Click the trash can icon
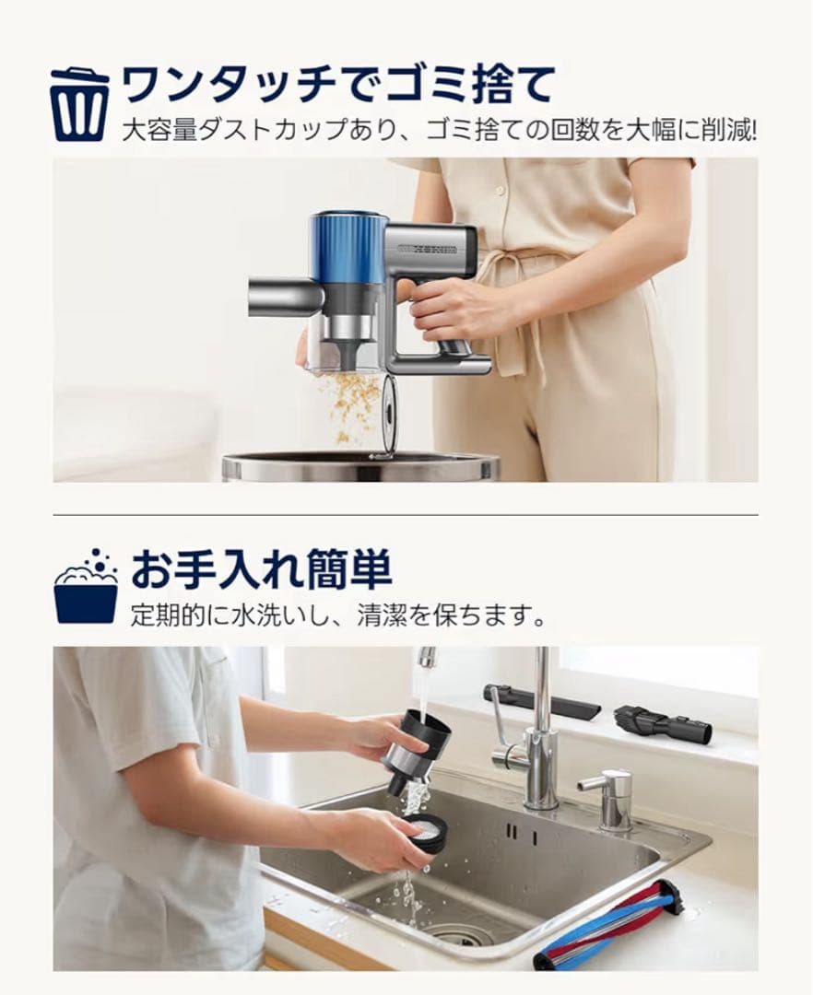click(x=78, y=103)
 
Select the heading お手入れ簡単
click(x=261, y=570)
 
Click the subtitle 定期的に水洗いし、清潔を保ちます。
click(x=338, y=615)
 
